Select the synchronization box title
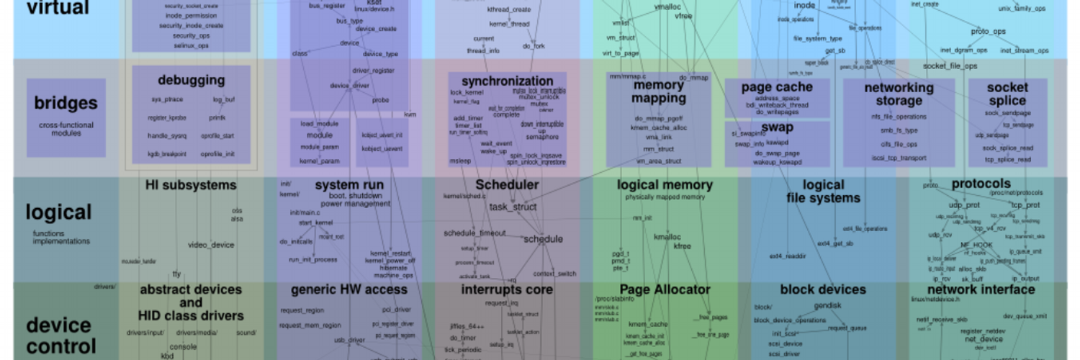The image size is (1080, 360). pyautogui.click(x=507, y=81)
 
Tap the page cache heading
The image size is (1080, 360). pyautogui.click(x=777, y=87)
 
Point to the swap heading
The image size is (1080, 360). pyautogui.click(x=777, y=127)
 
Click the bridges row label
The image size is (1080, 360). pyautogui.click(x=66, y=103)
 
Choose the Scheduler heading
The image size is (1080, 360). pyautogui.click(x=507, y=185)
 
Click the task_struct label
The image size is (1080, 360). pyautogui.click(x=513, y=207)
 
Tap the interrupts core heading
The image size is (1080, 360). pyautogui.click(x=507, y=290)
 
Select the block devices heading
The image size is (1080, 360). pyautogui.click(x=822, y=290)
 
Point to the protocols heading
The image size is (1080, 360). pyautogui.click(x=981, y=184)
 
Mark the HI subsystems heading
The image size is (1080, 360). pyautogui.click(x=191, y=185)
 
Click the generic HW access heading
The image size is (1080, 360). pyautogui.click(x=349, y=290)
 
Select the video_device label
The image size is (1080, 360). pyautogui.click(x=211, y=245)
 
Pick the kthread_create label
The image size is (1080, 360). pyautogui.click(x=508, y=10)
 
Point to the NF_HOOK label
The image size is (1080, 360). pyautogui.click(x=976, y=245)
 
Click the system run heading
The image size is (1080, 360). pyautogui.click(x=349, y=185)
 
